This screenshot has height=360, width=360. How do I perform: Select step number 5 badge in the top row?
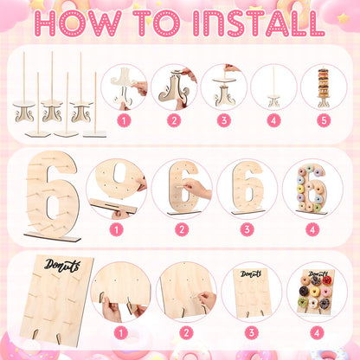tap(324, 120)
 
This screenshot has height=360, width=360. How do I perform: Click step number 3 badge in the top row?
tap(224, 120)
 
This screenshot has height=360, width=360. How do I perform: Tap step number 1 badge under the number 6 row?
tap(117, 229)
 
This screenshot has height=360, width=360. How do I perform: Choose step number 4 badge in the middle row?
tap(312, 229)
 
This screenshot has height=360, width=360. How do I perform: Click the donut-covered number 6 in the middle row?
tap(311, 189)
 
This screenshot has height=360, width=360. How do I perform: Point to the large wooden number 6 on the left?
tap(51, 193)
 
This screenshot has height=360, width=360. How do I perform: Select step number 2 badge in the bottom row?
tap(186, 333)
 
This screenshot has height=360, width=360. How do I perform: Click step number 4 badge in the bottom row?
tap(317, 333)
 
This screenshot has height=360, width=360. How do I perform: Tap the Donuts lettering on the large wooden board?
tap(62, 265)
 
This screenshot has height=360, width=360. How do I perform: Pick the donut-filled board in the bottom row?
tap(315, 292)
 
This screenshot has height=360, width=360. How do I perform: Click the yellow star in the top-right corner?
tap(343, 18)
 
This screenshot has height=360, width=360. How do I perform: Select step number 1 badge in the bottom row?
tap(121, 333)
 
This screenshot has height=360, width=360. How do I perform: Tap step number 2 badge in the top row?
tap(174, 120)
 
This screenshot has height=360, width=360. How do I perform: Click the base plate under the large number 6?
tap(52, 236)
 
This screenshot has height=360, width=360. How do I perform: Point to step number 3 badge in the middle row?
tap(247, 229)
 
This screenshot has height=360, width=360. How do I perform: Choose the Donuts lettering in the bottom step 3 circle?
tap(251, 273)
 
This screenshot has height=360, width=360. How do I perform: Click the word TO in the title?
tap(157, 23)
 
